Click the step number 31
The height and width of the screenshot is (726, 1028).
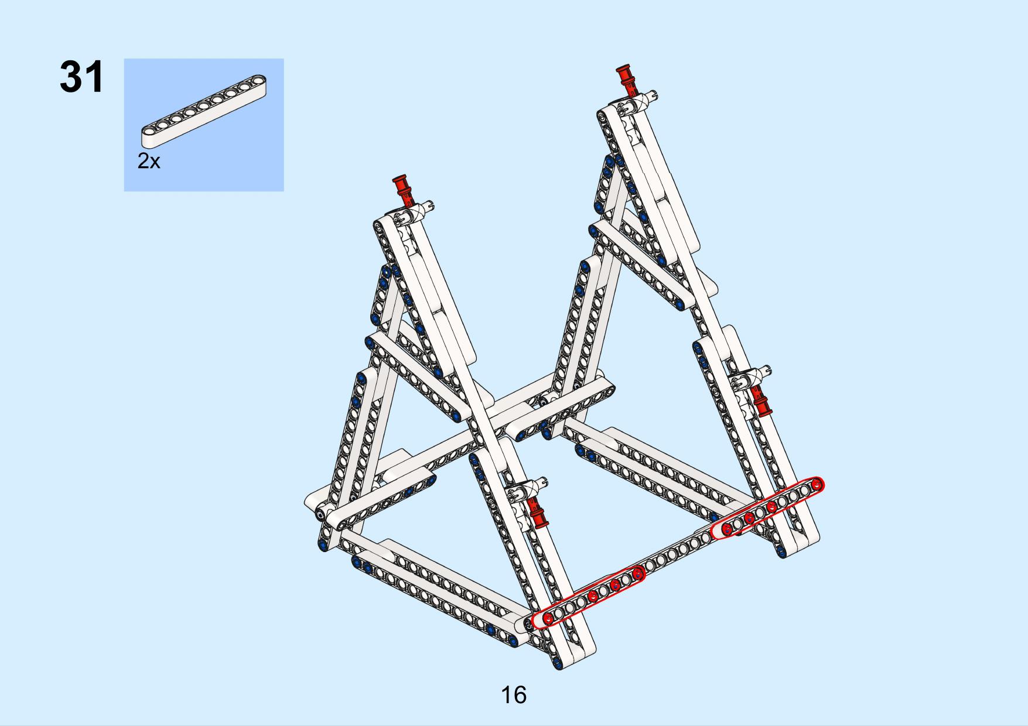81,77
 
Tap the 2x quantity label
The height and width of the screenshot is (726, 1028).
149,161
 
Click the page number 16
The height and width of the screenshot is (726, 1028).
514,695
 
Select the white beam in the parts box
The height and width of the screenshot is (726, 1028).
204,110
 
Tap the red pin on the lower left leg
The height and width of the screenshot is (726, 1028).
536,513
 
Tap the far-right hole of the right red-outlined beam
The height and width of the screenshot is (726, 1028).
815,484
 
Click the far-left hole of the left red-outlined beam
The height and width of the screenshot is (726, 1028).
547,618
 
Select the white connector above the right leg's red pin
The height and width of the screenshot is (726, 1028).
752,377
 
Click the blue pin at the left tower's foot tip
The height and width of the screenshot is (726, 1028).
556,664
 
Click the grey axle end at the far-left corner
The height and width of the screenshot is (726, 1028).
321,514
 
